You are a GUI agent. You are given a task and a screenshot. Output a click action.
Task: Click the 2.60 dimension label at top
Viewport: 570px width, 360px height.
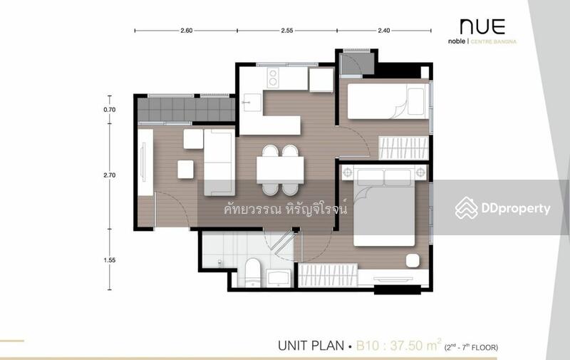pyautogui.click(x=186, y=31)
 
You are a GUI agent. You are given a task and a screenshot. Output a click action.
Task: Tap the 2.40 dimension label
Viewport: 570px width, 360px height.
pyautogui.click(x=383, y=31)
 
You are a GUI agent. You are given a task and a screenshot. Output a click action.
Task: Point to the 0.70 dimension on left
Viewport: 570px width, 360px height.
pyautogui.click(x=109, y=110)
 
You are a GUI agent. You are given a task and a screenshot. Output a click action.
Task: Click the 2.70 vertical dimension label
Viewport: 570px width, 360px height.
pyautogui.click(x=109, y=175)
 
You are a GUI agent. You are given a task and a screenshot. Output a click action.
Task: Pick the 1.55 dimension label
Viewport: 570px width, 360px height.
pyautogui.click(x=109, y=260)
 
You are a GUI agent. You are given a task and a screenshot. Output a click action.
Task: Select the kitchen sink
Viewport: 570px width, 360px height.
pyautogui.click(x=249, y=102)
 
